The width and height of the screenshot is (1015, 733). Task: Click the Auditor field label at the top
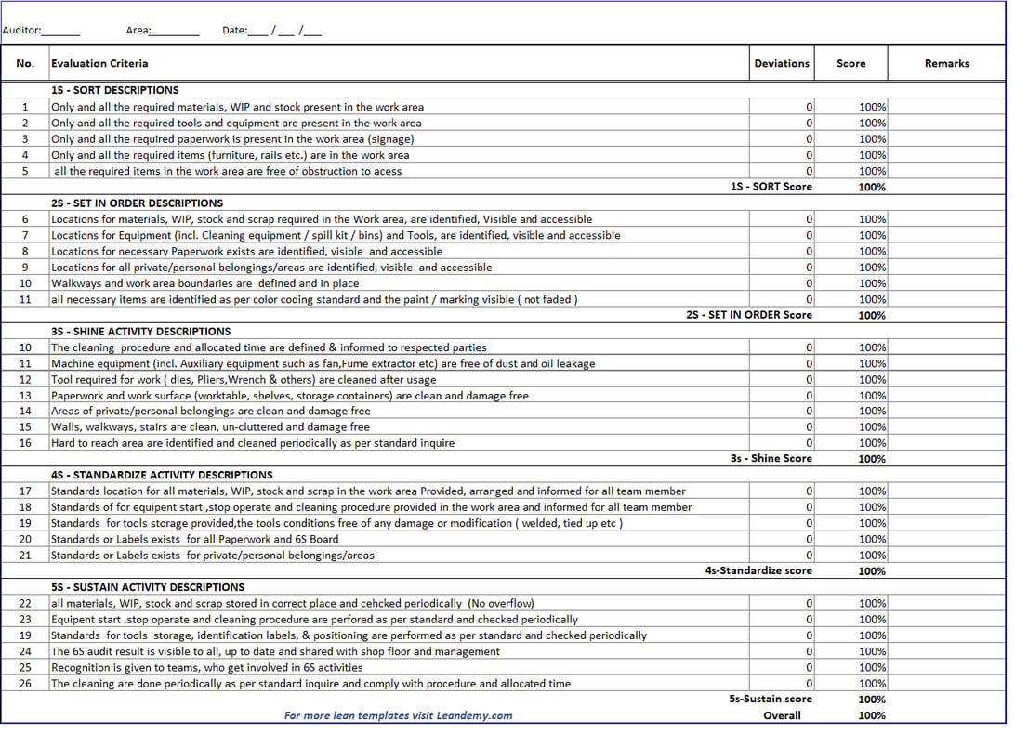21,31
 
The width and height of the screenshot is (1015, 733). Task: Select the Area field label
138,31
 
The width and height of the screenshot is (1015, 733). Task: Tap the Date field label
234,31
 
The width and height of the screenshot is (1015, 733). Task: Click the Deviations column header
781,64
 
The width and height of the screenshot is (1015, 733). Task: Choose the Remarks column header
946,64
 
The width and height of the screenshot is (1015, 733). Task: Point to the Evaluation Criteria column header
99,64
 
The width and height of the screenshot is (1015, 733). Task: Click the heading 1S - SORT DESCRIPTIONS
115,91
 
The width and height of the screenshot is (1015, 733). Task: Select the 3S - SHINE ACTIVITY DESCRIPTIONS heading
140,332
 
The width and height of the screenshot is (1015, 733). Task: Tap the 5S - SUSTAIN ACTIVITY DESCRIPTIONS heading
148,587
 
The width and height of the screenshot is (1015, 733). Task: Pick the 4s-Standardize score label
758,571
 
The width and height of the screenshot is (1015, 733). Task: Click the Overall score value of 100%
871,715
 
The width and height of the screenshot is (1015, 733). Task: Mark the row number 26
25,684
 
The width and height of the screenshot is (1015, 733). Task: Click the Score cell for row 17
871,491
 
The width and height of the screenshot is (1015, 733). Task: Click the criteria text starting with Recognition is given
206,668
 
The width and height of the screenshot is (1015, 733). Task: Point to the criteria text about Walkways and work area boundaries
204,283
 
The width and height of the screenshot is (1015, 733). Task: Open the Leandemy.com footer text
398,715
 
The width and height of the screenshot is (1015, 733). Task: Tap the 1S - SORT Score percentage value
871,187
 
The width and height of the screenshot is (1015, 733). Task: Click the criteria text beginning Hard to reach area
253,443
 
